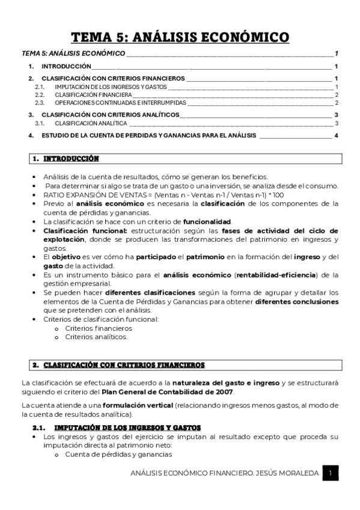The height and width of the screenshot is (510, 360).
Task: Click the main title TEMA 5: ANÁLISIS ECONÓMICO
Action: [x=180, y=38]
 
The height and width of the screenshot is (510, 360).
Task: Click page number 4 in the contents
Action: [x=337, y=136]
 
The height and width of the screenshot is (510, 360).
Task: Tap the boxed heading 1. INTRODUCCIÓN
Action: [x=66, y=159]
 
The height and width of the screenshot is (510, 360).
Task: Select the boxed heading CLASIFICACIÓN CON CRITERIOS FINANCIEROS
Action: [x=124, y=365]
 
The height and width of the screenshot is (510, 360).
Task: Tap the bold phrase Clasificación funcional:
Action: [x=76, y=230]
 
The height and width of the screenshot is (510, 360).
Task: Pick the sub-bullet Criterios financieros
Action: [x=98, y=328]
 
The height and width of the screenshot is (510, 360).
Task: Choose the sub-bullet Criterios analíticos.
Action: [x=96, y=337]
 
